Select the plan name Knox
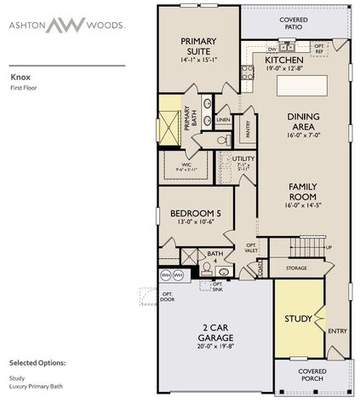[x=20, y=75]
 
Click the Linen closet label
[x=223, y=120]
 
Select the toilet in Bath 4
[x=206, y=268]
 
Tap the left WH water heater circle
[x=165, y=275]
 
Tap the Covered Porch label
[x=312, y=376]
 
